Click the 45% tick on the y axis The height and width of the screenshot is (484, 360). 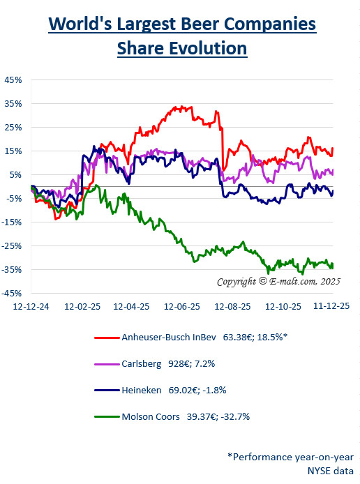tap(14, 80)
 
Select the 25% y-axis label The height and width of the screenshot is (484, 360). tap(14, 127)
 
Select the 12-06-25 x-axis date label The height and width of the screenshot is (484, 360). tap(182, 306)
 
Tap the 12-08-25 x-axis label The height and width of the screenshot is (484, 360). tap(233, 306)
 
